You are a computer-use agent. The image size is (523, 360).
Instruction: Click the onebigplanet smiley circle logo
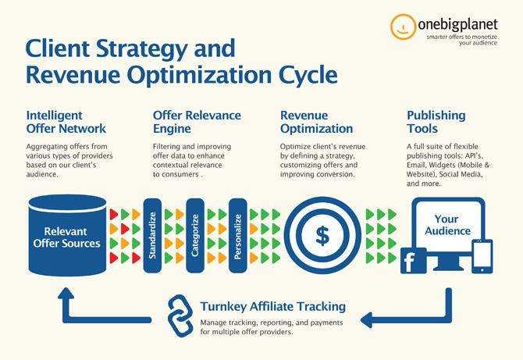click(x=403, y=27)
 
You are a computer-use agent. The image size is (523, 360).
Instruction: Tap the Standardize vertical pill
click(x=152, y=236)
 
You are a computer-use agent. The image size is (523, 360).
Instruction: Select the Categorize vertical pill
click(x=195, y=236)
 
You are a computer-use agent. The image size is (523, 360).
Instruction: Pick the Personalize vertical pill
click(x=238, y=236)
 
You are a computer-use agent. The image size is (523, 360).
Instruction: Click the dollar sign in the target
click(x=322, y=236)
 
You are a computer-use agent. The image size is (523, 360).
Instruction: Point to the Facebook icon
click(x=413, y=261)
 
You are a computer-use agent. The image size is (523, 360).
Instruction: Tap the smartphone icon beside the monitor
click(x=482, y=257)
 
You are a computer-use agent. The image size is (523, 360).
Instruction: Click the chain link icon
click(x=180, y=315)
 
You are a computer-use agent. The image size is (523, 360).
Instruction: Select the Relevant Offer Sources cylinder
click(x=67, y=236)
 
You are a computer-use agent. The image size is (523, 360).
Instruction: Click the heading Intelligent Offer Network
click(x=66, y=122)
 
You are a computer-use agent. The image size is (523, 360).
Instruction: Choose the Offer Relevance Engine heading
click(x=197, y=122)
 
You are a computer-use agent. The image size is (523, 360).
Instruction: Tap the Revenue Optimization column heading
click(x=317, y=122)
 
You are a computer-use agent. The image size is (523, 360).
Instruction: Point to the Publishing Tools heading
click(x=436, y=122)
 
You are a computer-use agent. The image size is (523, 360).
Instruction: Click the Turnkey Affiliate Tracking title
click(x=273, y=306)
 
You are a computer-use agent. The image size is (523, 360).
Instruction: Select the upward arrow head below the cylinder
click(x=66, y=293)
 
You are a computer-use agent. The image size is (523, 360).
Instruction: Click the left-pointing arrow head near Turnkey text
click(x=367, y=320)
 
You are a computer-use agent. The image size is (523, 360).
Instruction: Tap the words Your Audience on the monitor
click(x=447, y=225)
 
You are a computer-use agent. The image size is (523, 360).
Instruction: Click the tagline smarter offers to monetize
click(x=461, y=37)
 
